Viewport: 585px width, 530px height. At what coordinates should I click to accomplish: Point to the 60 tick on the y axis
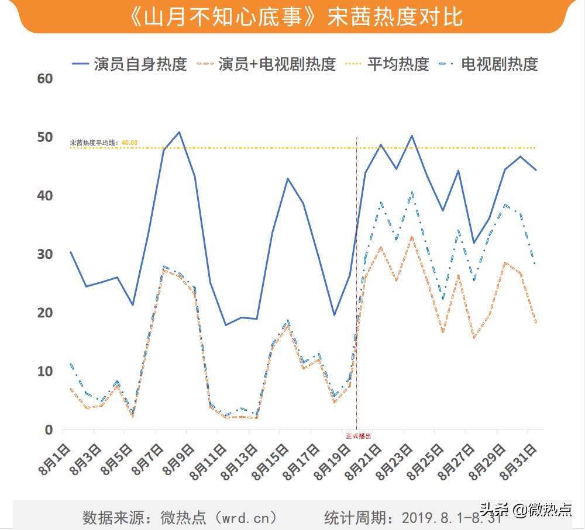click(x=45, y=78)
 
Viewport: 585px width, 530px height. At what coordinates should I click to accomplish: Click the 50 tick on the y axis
click(x=45, y=137)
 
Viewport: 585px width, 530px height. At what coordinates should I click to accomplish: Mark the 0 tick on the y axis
click(x=49, y=430)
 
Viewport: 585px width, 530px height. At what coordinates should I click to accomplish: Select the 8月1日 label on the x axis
click(x=56, y=461)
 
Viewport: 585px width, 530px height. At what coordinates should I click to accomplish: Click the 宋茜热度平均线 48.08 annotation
click(x=104, y=142)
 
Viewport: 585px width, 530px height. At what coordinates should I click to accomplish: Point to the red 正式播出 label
click(x=358, y=436)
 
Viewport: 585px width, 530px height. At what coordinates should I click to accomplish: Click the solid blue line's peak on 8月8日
click(x=179, y=132)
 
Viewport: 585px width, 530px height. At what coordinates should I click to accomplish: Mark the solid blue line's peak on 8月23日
click(x=412, y=136)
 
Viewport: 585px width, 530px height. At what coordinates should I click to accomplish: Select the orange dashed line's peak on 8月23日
click(x=412, y=237)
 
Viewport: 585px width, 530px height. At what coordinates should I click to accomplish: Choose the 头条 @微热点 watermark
click(x=526, y=510)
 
